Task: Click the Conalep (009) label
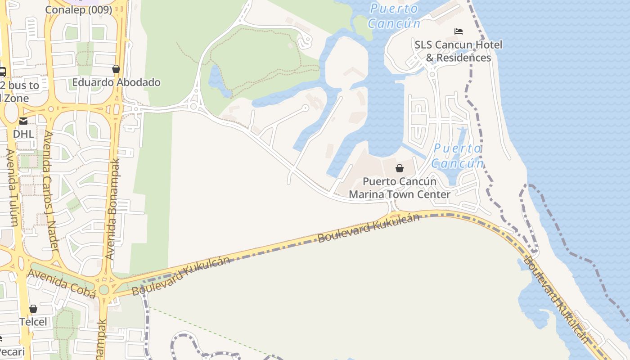[x=79, y=9]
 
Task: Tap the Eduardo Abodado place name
[x=116, y=82]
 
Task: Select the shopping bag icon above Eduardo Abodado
[x=116, y=69]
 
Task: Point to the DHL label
[x=23, y=134]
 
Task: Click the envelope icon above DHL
[x=23, y=121]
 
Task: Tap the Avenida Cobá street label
[x=62, y=283]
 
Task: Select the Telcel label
[x=33, y=322]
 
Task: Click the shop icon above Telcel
[x=33, y=309]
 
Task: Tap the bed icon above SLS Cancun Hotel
[x=459, y=31]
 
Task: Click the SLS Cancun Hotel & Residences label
[x=458, y=51]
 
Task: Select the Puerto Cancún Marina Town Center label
[x=400, y=188]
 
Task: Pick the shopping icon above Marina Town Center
[x=399, y=168]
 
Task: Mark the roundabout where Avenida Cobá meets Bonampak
[x=104, y=289]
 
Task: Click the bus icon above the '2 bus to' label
[x=2, y=72]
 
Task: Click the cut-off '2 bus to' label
[x=20, y=85]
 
